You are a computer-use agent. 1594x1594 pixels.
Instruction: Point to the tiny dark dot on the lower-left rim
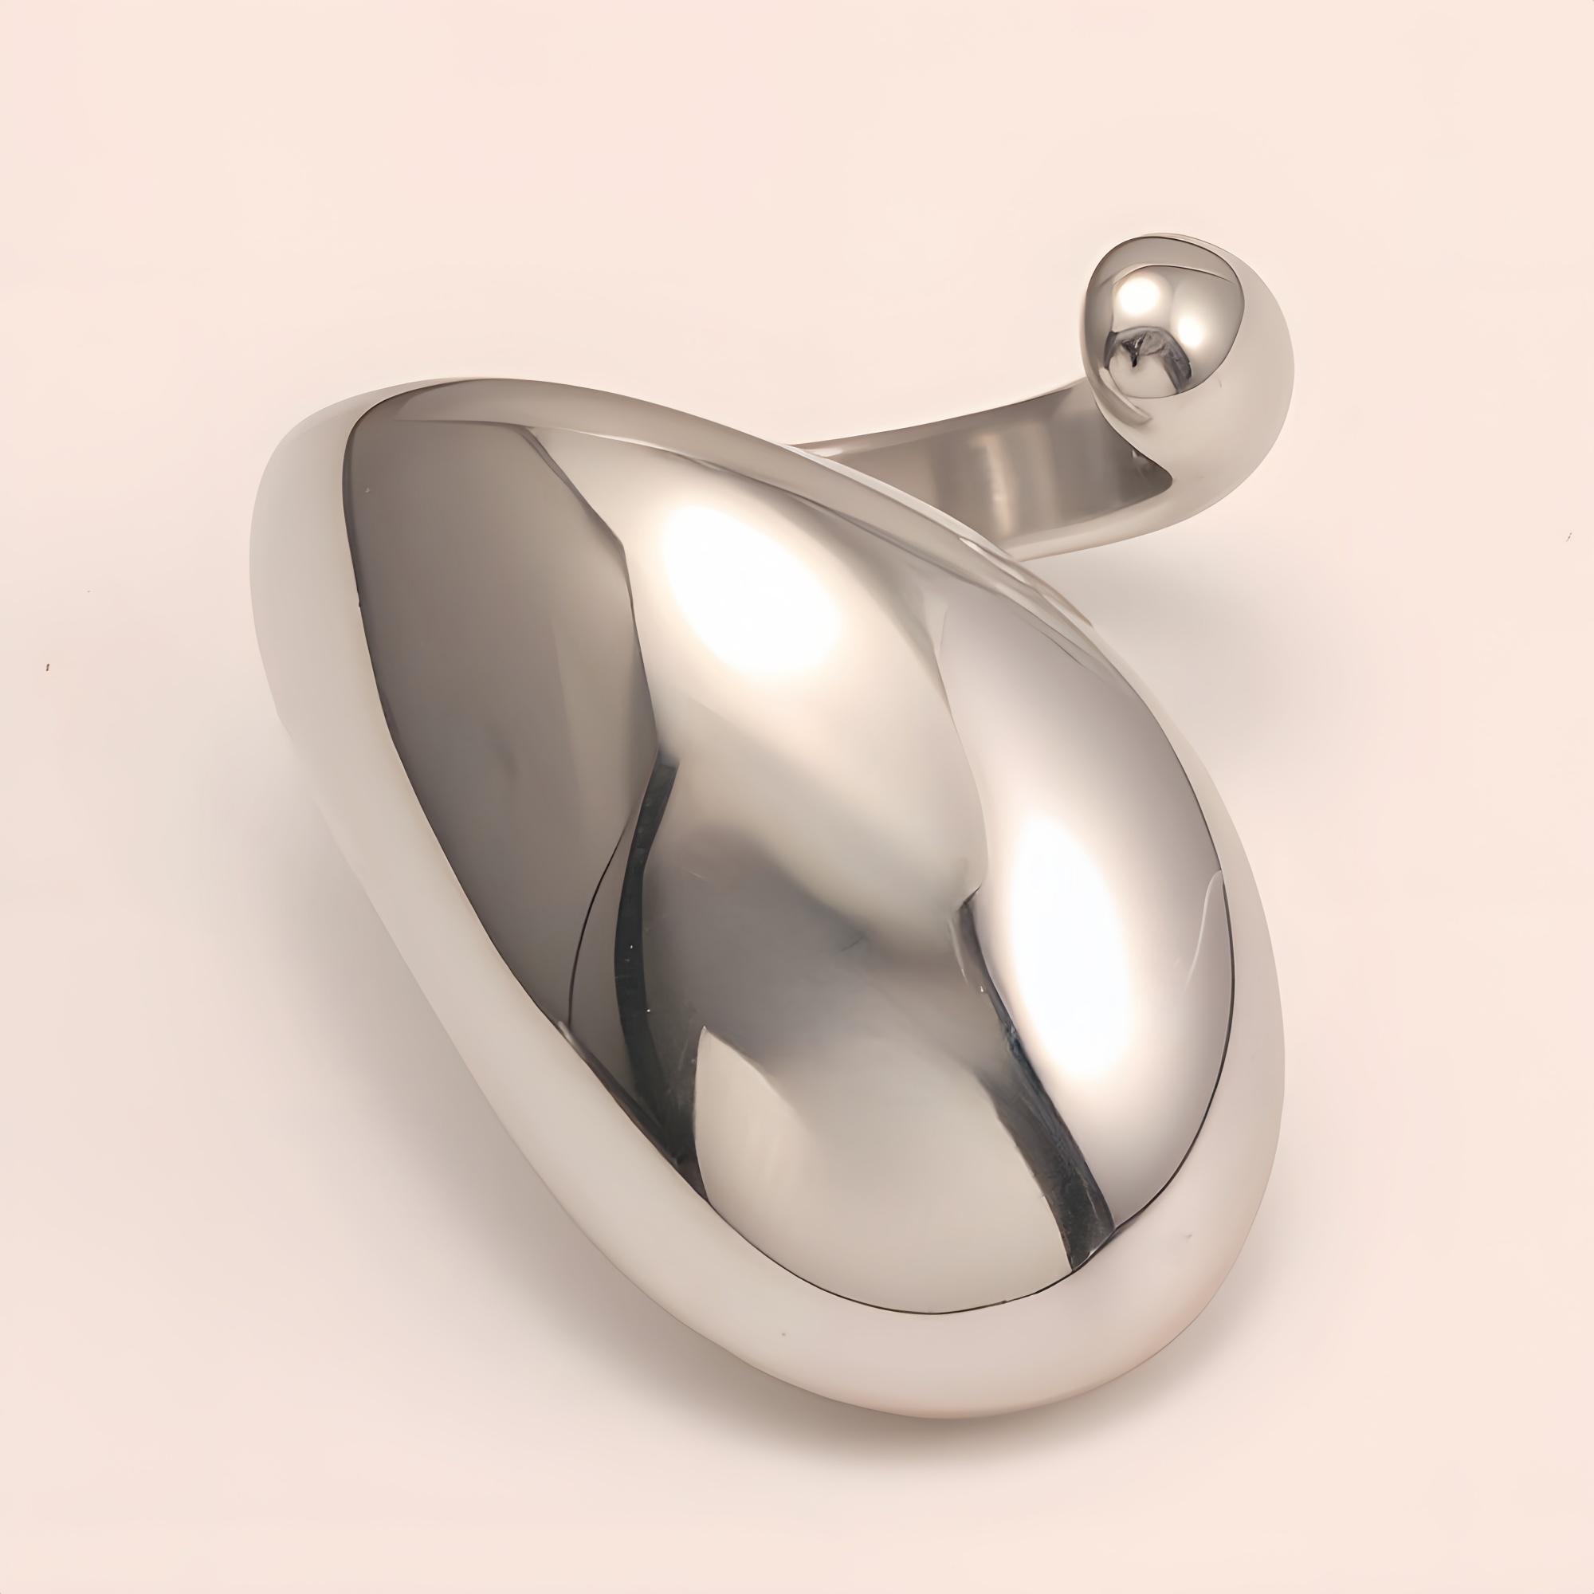(x=782, y=1333)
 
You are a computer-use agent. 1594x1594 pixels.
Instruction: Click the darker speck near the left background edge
(x=48, y=666)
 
